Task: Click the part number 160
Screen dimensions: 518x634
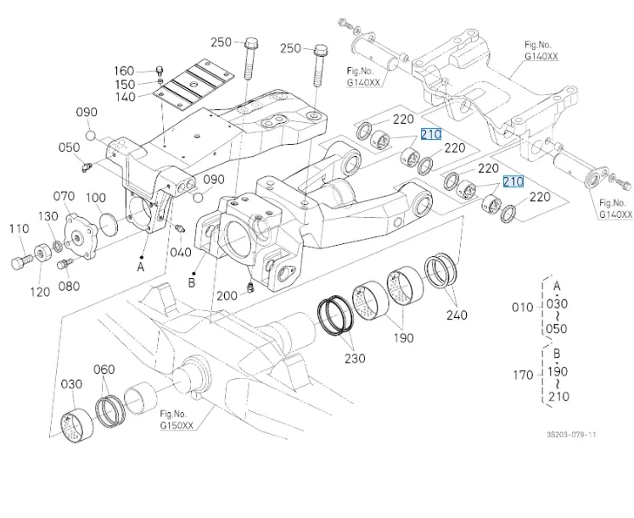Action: pyautogui.click(x=124, y=71)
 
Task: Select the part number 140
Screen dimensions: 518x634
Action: pyautogui.click(x=124, y=97)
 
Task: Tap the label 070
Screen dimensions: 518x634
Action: pyautogui.click(x=64, y=198)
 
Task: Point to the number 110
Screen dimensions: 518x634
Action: pyautogui.click(x=19, y=228)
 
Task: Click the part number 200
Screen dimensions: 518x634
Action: pyautogui.click(x=227, y=296)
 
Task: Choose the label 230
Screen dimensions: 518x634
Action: pyautogui.click(x=355, y=359)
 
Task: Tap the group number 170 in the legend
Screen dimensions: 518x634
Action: pyautogui.click(x=524, y=374)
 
